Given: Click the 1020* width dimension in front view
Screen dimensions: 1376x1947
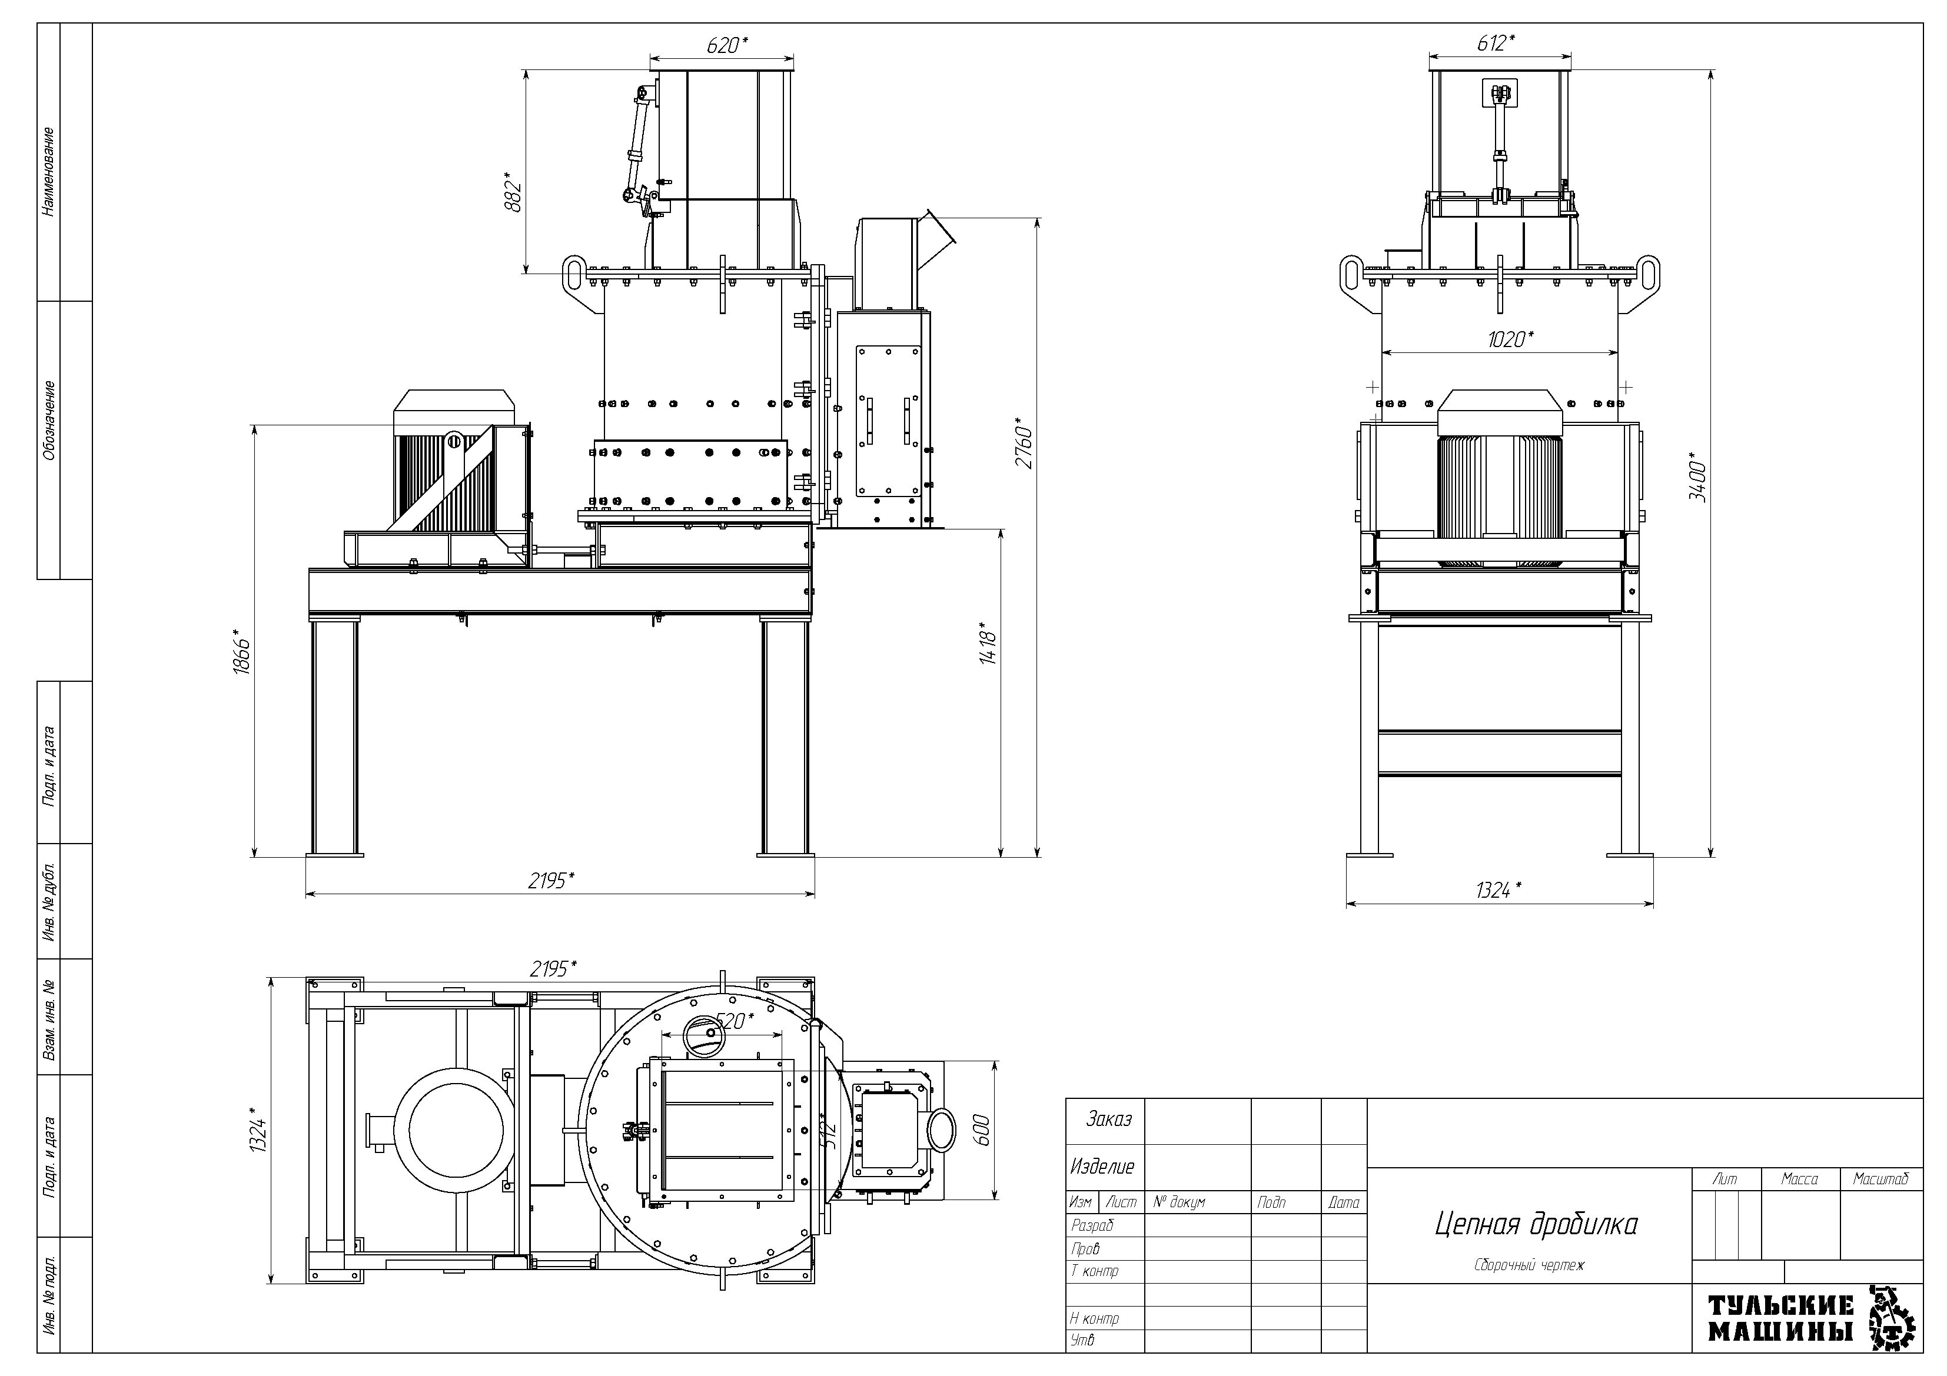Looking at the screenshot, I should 1510,339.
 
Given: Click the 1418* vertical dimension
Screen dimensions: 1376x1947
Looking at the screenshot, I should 987,642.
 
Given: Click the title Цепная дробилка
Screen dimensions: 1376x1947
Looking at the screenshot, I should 1536,1224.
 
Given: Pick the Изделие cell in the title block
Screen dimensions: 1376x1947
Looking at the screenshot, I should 1102,1167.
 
